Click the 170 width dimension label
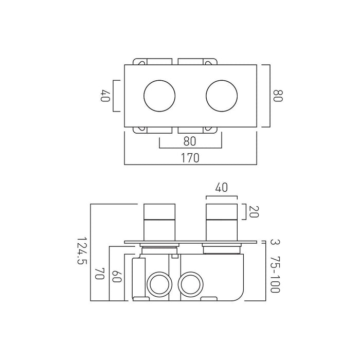[190, 158]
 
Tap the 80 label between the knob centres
[190, 141]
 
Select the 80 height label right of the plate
[278, 96]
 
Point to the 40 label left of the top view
[105, 96]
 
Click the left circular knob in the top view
[159, 96]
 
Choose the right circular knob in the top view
[222, 96]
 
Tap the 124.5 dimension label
[81, 251]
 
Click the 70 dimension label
[100, 273]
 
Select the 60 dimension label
[116, 277]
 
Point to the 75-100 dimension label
[275, 274]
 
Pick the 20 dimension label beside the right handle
[254, 211]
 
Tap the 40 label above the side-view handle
[222, 187]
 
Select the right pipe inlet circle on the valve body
[191, 284]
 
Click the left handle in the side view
[159, 223]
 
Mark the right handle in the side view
[222, 223]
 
